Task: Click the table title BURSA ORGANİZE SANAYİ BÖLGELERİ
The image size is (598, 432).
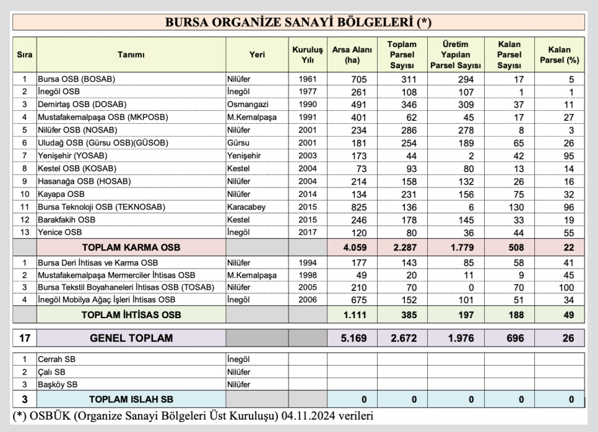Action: (x=298, y=22)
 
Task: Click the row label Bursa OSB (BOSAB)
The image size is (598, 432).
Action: (x=77, y=79)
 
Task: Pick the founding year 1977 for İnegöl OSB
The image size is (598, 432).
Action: (x=308, y=92)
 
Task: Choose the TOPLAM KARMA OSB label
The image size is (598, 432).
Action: (x=131, y=248)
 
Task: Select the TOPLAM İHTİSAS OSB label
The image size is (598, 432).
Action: (x=131, y=315)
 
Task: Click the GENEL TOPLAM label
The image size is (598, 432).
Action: (x=131, y=339)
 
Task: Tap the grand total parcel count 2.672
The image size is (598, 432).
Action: (x=402, y=339)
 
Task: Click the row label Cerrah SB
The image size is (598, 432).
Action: (x=55, y=359)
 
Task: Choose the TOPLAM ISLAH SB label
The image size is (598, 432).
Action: (x=131, y=399)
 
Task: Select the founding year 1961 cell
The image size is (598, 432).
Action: (x=308, y=79)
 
